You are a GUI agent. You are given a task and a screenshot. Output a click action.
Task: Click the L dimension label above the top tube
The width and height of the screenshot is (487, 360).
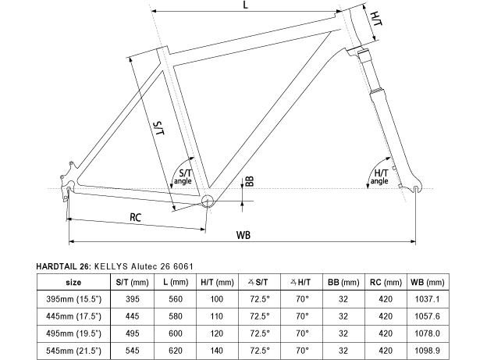pos(245,5)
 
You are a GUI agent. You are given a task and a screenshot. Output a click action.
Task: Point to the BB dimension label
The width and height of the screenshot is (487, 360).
pos(249,181)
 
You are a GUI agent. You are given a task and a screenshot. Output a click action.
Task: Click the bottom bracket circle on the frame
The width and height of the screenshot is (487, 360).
pos(208,201)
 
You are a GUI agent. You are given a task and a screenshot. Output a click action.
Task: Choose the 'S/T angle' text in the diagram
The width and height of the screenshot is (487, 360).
pos(184,176)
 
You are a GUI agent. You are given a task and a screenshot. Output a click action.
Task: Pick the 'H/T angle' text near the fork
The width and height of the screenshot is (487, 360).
pos(380,176)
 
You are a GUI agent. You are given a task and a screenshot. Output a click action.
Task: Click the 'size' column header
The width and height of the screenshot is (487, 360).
pos(74,281)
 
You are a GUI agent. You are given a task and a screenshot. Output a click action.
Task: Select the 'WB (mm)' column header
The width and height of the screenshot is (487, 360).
pos(426,281)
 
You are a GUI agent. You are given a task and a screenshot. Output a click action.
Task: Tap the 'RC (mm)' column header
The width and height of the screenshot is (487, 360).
pos(384,281)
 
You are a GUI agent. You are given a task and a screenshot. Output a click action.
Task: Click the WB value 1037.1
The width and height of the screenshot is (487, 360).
pos(426,299)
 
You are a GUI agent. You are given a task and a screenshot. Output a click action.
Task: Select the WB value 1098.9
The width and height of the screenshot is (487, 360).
pos(426,351)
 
